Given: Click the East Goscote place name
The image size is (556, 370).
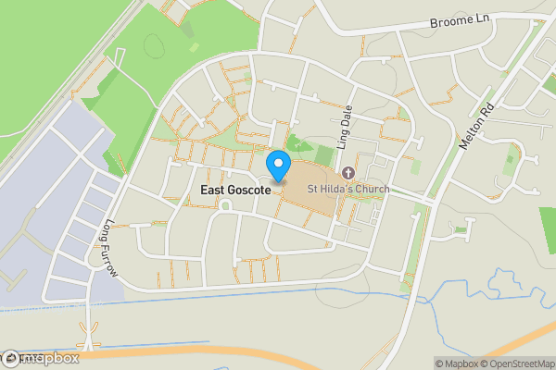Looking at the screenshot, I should [235, 190].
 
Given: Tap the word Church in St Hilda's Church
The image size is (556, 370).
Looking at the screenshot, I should [367, 190].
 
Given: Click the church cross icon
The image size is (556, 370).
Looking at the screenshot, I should [348, 173].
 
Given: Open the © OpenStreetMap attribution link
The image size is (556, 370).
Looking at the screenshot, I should [516, 364].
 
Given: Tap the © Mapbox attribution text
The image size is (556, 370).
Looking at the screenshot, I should [456, 364].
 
